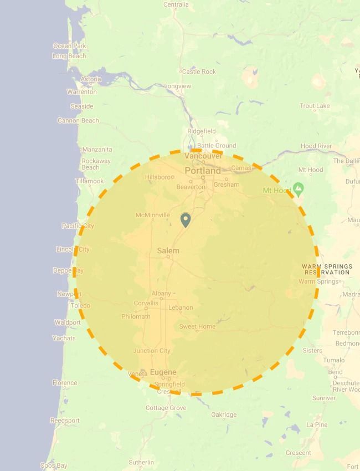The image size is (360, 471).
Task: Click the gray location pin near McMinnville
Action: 186,220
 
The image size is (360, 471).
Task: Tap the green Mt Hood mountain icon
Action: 299,189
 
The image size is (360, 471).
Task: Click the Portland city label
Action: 202,171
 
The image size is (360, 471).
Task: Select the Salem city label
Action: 168,250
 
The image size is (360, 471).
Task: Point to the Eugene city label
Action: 163,372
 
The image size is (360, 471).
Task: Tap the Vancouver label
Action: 203,156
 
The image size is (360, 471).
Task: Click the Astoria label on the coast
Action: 91,79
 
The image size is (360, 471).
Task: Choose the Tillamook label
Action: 90,181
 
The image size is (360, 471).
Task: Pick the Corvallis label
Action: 146,303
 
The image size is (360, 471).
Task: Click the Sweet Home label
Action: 197,327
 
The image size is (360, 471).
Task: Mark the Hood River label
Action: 316,146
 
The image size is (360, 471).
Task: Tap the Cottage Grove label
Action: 166,408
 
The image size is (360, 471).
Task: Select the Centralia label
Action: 176,5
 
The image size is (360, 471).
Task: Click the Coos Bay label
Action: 54,466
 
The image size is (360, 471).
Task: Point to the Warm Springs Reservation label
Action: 327,269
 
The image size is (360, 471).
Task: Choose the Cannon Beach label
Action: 78,120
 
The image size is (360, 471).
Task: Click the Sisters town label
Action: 312,351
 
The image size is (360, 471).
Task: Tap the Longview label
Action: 178,86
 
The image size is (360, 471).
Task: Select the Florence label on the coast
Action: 65,383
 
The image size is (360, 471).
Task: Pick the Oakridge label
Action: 224,414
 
